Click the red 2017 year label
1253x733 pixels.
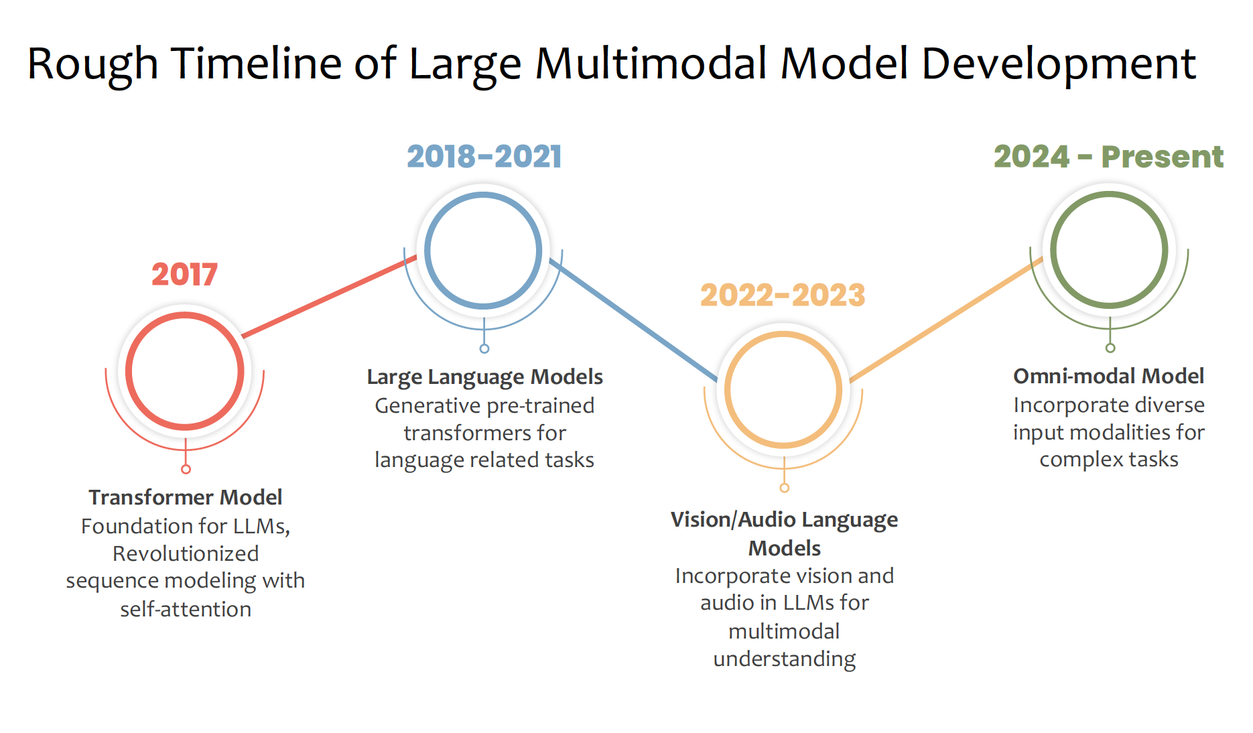click(184, 275)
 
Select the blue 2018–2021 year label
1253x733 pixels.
click(484, 157)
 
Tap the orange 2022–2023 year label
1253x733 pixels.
click(783, 295)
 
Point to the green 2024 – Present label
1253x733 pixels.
click(1108, 157)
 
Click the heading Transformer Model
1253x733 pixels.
click(186, 497)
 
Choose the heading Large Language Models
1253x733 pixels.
click(484, 377)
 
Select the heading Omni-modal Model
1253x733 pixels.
click(1108, 376)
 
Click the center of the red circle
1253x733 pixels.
click(185, 371)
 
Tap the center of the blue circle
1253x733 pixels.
click(483, 251)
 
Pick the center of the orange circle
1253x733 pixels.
click(783, 389)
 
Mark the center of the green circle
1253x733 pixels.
click(1109, 250)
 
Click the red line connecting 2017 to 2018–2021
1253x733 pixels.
click(328, 296)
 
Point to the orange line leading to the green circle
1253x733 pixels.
click(945, 320)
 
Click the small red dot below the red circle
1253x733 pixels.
click(186, 469)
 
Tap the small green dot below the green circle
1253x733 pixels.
click(1110, 348)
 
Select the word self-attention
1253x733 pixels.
click(186, 609)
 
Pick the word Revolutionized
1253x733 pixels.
click(186, 553)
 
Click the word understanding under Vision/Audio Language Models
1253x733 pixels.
click(784, 659)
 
